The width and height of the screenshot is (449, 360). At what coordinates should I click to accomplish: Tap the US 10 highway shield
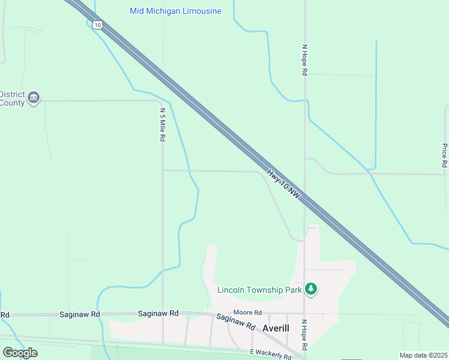(x=97, y=25)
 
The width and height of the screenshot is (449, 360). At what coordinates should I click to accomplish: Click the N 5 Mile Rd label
(x=162, y=124)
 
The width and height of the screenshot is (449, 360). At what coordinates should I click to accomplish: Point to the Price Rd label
(x=444, y=155)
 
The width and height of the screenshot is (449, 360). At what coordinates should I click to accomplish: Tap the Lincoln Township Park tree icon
(x=310, y=290)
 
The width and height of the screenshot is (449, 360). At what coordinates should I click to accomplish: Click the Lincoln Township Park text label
(x=259, y=290)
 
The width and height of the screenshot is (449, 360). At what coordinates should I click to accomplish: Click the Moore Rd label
(x=248, y=313)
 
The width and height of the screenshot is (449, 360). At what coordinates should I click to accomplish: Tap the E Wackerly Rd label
(x=270, y=355)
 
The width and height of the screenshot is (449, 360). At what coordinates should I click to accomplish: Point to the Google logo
(x=20, y=353)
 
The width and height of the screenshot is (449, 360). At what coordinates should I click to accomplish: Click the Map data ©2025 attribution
(x=423, y=355)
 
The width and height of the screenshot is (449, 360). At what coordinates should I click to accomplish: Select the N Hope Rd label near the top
(x=305, y=59)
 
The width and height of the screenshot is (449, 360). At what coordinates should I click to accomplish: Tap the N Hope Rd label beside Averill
(x=305, y=335)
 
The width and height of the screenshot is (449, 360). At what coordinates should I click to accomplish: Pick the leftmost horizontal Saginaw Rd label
(x=79, y=314)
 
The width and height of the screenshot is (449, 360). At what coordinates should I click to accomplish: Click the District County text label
(x=12, y=98)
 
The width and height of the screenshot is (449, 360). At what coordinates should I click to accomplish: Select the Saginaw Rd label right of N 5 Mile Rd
(x=158, y=313)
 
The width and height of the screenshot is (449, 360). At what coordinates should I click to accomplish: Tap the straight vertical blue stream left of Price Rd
(x=376, y=102)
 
